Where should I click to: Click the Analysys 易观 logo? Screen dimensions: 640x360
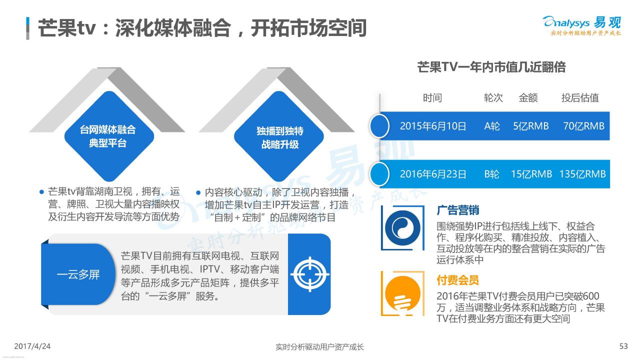(x=581, y=25)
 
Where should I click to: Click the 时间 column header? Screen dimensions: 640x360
(x=432, y=98)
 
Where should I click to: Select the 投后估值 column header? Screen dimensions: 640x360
(x=580, y=98)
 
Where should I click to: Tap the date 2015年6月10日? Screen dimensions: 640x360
(x=433, y=126)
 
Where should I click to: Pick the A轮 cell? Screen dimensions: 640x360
(x=492, y=126)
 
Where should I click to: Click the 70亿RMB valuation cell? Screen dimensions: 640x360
(x=583, y=126)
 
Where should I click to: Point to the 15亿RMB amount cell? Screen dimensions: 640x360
(x=531, y=174)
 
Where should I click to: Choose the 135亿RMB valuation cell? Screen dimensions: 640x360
(x=582, y=174)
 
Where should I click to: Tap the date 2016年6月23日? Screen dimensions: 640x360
(x=433, y=174)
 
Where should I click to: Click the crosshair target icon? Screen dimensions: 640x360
(x=309, y=274)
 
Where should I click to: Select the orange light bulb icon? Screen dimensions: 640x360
(x=402, y=294)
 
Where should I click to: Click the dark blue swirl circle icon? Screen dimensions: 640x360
(x=402, y=228)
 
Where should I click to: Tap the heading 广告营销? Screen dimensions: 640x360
(x=457, y=210)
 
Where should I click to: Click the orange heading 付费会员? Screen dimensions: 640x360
(x=457, y=280)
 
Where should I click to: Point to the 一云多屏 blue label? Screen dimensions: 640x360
(x=78, y=274)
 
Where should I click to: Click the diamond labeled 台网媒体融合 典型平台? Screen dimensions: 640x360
(x=109, y=136)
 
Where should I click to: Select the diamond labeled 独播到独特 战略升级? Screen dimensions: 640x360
(x=279, y=136)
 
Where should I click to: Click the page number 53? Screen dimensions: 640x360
(x=623, y=346)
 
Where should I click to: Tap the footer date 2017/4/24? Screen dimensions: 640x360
(x=32, y=346)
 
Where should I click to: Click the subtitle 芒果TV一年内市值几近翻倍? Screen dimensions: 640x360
(x=491, y=67)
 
